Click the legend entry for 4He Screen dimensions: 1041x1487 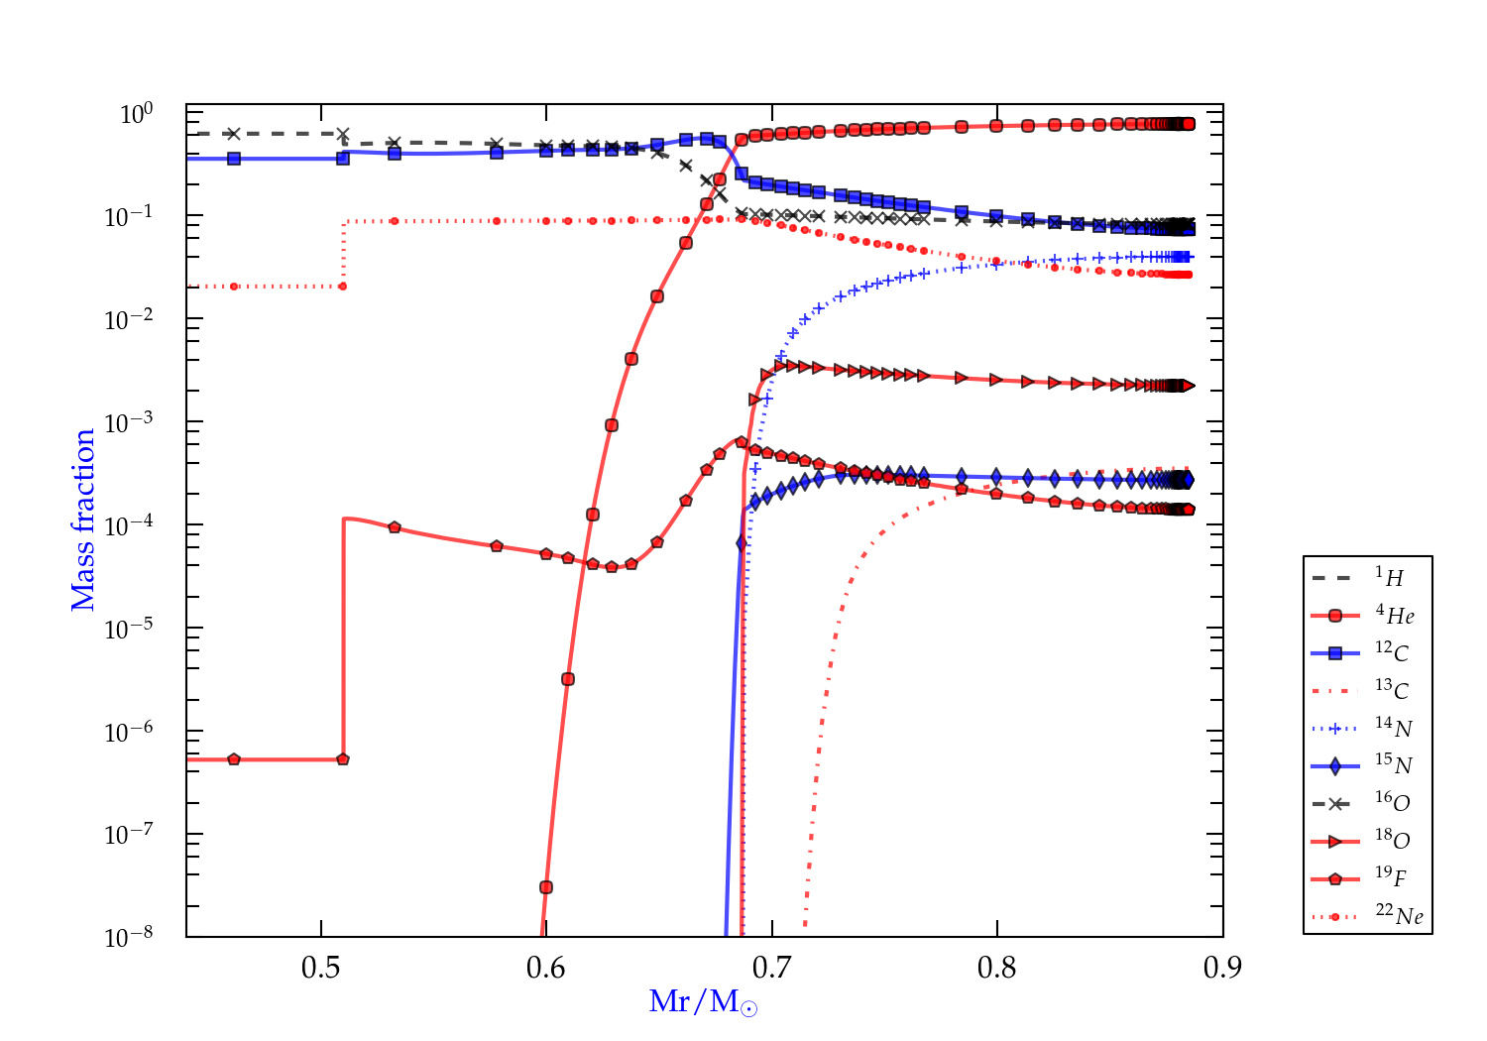[x=1367, y=616]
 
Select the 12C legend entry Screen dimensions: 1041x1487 [x=1367, y=653]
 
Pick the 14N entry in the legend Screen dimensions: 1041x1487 [x=1367, y=729]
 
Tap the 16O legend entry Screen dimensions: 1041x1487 [x=1367, y=803]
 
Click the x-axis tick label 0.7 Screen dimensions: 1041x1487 [x=771, y=968]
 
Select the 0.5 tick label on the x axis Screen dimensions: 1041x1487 [x=321, y=968]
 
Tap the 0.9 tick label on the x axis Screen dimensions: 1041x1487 [x=1222, y=968]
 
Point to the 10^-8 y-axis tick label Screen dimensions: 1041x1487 [x=129, y=936]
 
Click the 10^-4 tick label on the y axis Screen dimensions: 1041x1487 [x=129, y=523]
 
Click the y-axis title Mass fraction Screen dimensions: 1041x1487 [x=83, y=520]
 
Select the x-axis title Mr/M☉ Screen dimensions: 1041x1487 [x=703, y=1002]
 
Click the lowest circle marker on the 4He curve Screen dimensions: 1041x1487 [x=545, y=887]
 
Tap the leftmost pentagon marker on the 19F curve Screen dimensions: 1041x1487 [x=234, y=759]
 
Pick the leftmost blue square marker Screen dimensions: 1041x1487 [x=234, y=159]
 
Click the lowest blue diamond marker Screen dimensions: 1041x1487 [x=742, y=542]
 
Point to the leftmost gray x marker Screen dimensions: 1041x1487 [x=234, y=134]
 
